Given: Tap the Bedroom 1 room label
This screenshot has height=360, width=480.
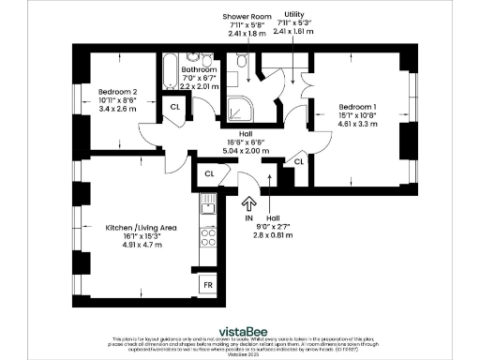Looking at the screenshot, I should pos(358,106).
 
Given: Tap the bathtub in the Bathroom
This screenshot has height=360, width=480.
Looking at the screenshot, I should pos(171,74).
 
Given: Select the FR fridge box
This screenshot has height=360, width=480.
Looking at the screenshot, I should pos(207,283).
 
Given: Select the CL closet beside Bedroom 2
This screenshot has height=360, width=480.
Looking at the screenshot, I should pos(175,107).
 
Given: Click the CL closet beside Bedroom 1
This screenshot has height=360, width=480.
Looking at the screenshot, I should pos(299,162).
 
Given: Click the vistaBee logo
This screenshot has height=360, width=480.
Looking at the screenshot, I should pos(240,330).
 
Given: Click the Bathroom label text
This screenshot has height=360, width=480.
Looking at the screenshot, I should pos(200,69).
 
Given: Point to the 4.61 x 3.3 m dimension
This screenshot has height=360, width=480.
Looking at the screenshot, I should pos(358,123).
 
